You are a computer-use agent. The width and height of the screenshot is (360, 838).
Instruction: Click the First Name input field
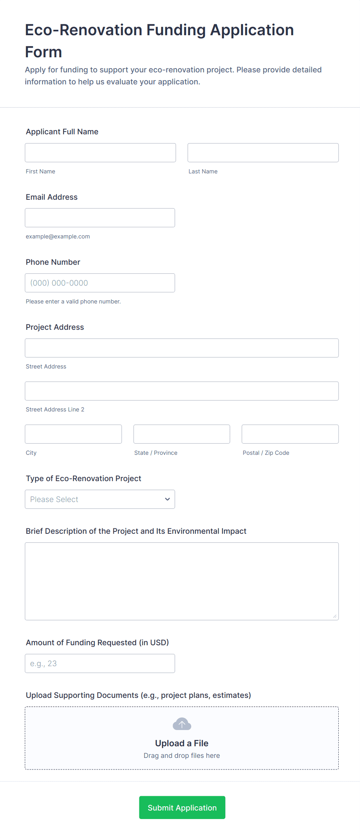tap(100, 153)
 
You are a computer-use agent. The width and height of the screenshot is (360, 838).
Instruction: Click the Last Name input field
tap(263, 153)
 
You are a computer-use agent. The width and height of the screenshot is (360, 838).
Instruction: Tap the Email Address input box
tap(100, 218)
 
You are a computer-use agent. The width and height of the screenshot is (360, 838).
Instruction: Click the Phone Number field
tap(100, 283)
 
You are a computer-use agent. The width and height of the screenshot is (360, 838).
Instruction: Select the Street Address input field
tap(182, 348)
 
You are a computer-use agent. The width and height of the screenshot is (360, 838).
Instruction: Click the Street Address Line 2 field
tap(182, 391)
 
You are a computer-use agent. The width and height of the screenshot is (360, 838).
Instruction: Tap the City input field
tap(73, 434)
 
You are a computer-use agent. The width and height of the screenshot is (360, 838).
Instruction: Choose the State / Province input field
tap(182, 434)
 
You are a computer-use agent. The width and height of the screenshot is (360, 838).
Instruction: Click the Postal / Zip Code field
tap(290, 434)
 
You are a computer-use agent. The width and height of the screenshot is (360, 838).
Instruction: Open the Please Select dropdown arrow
tap(167, 499)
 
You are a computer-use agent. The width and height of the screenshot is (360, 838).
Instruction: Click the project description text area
tap(182, 581)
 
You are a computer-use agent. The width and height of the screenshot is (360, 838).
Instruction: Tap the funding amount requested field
tap(100, 663)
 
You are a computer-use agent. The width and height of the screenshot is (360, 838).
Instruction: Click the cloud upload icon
tap(182, 724)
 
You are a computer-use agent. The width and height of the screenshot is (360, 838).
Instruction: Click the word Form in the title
tap(43, 52)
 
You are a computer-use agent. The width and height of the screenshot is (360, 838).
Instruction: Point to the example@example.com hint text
tap(58, 236)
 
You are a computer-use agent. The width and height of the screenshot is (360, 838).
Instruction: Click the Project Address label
tap(55, 327)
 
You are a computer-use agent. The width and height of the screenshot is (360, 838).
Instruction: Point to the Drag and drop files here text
tap(182, 756)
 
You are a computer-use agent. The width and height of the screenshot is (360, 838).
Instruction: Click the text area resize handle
tap(334, 616)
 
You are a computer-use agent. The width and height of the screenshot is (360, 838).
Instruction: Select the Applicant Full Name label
tap(62, 132)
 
